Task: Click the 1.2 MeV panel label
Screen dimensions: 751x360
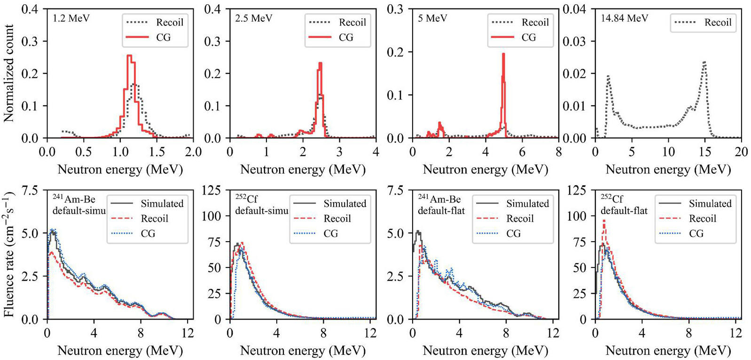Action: point(71,18)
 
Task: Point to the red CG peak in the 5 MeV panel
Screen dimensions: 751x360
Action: point(503,54)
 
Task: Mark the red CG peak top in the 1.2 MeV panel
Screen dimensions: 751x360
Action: point(129,55)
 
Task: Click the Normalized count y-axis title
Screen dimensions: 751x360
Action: point(9,73)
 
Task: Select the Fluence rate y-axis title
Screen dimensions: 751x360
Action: point(9,254)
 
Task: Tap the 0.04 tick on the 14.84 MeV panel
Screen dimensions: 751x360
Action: point(574,9)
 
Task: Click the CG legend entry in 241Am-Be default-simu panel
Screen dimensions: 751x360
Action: point(148,233)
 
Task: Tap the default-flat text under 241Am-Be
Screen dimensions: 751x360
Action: point(441,211)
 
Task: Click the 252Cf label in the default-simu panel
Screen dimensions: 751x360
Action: point(246,199)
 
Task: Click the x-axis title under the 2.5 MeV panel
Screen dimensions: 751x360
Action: point(303,170)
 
